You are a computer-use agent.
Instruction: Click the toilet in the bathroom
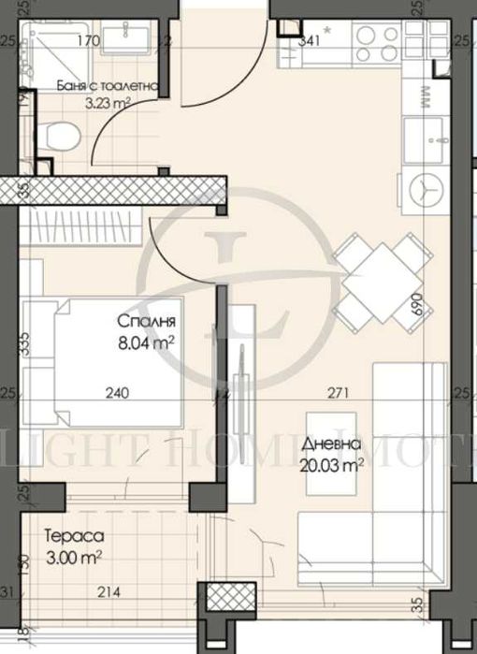click(x=60, y=137)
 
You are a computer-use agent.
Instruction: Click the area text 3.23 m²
click(x=107, y=104)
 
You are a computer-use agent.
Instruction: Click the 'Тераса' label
click(x=72, y=537)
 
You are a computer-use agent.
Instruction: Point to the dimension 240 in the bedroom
click(x=116, y=394)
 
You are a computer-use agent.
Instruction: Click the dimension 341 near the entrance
click(x=310, y=40)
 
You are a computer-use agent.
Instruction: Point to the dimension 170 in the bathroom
click(x=88, y=40)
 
